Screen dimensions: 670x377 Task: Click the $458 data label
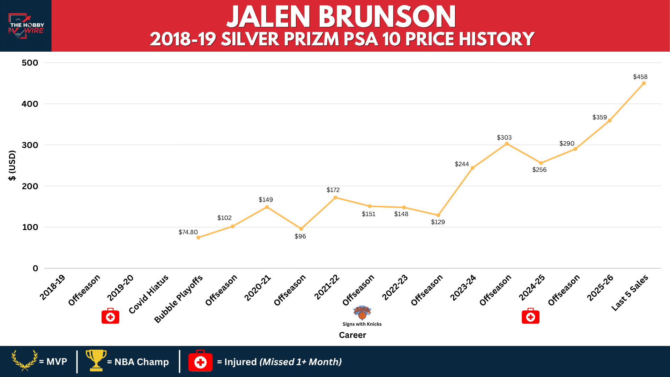click(640, 77)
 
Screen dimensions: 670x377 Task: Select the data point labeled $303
click(507, 144)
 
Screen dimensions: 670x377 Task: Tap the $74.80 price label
click(188, 232)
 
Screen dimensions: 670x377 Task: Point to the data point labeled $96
click(301, 229)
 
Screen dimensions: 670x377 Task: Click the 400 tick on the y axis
click(30, 104)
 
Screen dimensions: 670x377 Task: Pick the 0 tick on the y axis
click(36, 268)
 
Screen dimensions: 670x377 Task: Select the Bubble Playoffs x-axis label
click(178, 299)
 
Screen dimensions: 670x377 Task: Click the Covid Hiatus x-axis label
click(149, 294)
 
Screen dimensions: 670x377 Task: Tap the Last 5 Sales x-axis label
click(630, 293)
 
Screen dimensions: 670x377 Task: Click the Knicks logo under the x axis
click(362, 312)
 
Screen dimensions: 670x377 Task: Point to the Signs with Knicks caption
click(362, 324)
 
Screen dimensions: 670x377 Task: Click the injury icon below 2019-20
click(110, 316)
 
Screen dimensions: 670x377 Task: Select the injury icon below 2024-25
click(530, 316)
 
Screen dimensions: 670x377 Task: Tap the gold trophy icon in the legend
click(96, 360)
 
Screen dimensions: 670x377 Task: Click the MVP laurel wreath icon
click(25, 360)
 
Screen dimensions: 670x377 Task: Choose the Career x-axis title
click(352, 335)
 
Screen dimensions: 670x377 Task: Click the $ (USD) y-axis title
click(12, 165)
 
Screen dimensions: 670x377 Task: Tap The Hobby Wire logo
click(26, 26)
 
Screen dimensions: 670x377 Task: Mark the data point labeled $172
click(335, 198)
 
